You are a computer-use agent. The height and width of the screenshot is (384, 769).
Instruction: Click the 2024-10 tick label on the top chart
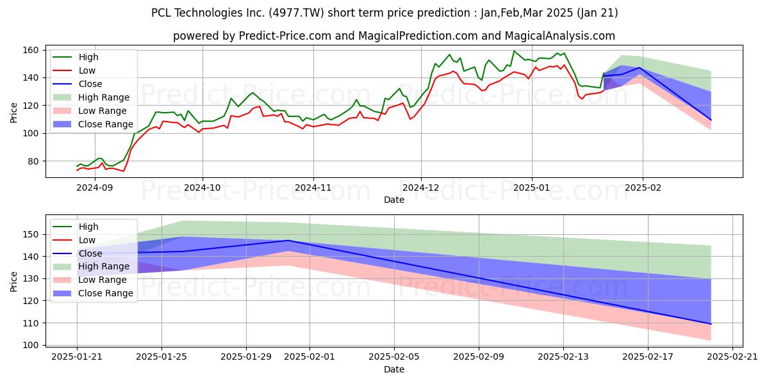(x=203, y=188)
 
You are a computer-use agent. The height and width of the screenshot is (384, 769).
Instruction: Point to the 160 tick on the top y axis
(x=30, y=51)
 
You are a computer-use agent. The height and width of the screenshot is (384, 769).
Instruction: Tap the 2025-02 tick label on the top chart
(x=643, y=188)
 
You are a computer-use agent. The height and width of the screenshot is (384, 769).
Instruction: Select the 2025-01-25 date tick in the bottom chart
(x=161, y=357)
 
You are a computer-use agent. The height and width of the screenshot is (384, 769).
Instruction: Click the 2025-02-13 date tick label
(x=563, y=357)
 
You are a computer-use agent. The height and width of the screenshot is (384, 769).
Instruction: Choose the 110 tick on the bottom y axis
(x=30, y=323)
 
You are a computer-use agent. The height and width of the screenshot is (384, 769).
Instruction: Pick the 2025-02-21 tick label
(x=732, y=357)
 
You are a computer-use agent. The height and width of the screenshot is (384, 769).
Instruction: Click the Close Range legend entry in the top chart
(x=93, y=124)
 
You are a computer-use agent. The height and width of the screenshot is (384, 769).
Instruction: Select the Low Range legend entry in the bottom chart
(x=90, y=280)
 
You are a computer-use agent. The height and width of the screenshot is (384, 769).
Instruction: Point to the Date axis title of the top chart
(x=394, y=200)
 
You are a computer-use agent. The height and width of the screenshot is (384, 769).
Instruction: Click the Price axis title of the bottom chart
(x=13, y=282)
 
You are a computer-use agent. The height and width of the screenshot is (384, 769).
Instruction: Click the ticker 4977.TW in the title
(x=296, y=13)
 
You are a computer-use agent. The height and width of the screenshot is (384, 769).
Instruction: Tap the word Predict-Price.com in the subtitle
(x=285, y=36)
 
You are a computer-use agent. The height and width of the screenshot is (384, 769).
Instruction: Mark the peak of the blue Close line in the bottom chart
(x=288, y=241)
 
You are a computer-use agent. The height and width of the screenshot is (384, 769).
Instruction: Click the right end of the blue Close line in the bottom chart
(x=711, y=324)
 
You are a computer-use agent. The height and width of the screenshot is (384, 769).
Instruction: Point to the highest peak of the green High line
(x=514, y=51)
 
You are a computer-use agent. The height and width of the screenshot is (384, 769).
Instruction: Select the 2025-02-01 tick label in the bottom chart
(x=310, y=357)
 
